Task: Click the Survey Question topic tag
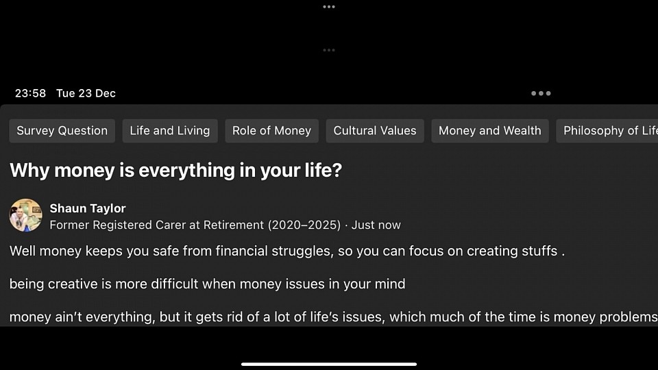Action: point(62,131)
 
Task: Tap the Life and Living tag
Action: point(170,131)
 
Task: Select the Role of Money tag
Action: point(272,131)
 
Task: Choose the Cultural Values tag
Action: point(375,131)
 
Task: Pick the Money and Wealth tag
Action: point(490,131)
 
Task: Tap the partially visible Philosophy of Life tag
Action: point(607,131)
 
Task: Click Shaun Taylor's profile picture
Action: point(26,215)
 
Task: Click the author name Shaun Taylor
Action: point(88,208)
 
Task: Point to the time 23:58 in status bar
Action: point(30,93)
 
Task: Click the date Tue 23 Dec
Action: point(86,93)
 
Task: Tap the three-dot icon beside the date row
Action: point(541,93)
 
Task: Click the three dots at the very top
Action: point(329,7)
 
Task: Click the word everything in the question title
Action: point(186,171)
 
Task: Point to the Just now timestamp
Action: point(376,225)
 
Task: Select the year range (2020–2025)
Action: point(304,225)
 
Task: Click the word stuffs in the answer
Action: point(539,251)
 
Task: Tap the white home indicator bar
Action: point(329,364)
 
